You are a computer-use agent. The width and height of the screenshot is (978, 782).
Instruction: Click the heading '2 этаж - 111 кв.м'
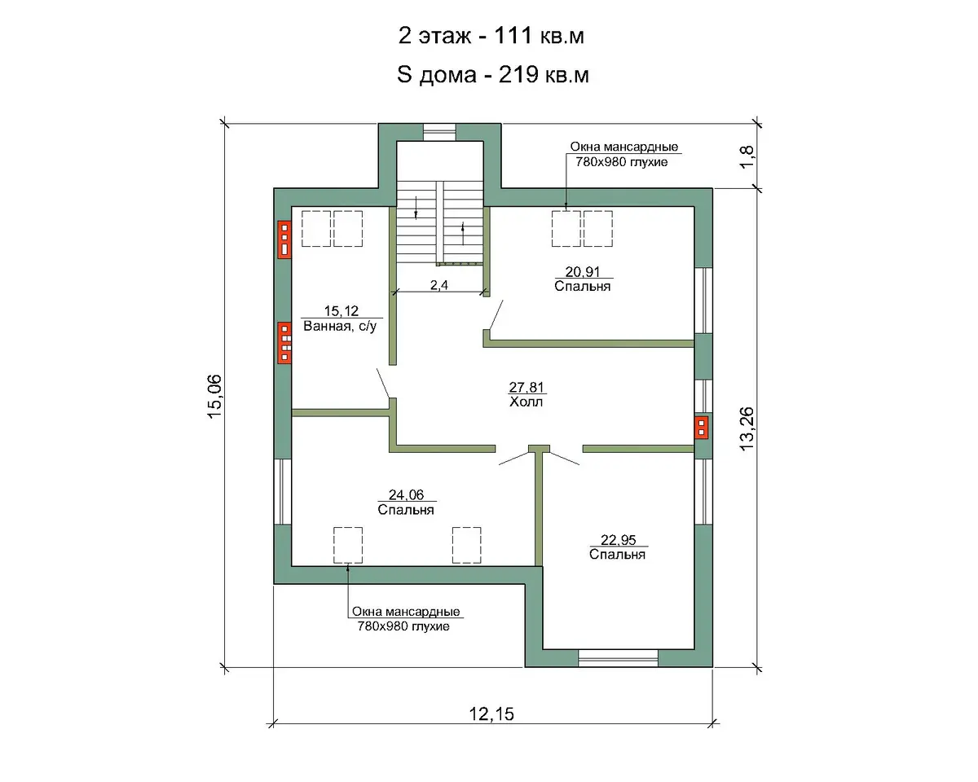(x=491, y=36)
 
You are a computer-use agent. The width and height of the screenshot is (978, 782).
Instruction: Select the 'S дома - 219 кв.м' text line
(x=492, y=74)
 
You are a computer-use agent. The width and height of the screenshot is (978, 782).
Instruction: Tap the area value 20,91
(x=583, y=271)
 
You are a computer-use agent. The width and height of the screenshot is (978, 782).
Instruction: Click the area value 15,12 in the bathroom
(x=341, y=311)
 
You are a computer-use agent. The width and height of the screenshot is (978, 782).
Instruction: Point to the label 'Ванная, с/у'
(x=340, y=326)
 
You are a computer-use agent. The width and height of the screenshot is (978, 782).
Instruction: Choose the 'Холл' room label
(x=526, y=402)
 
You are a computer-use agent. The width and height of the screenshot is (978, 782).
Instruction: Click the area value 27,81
(x=526, y=387)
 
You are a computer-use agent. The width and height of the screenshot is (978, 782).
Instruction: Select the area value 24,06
(x=407, y=494)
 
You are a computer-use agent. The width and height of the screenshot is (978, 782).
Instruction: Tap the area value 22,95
(x=618, y=540)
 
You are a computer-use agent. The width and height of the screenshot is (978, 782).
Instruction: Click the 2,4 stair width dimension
(x=439, y=285)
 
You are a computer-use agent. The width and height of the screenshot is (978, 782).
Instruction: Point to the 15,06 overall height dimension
(x=214, y=396)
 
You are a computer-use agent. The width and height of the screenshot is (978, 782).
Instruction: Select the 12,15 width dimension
(x=491, y=714)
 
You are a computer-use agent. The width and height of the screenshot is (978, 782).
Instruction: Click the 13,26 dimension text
(x=747, y=428)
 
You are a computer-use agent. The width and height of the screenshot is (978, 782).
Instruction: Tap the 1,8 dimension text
(x=747, y=156)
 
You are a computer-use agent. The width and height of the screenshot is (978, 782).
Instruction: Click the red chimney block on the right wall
(x=701, y=427)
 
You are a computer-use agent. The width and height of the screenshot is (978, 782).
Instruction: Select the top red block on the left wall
(x=284, y=239)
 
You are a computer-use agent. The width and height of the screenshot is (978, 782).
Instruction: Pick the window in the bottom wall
(x=618, y=658)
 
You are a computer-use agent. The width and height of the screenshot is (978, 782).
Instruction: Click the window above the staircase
(x=439, y=132)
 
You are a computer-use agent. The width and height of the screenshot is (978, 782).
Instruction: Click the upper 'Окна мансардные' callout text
(x=624, y=147)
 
